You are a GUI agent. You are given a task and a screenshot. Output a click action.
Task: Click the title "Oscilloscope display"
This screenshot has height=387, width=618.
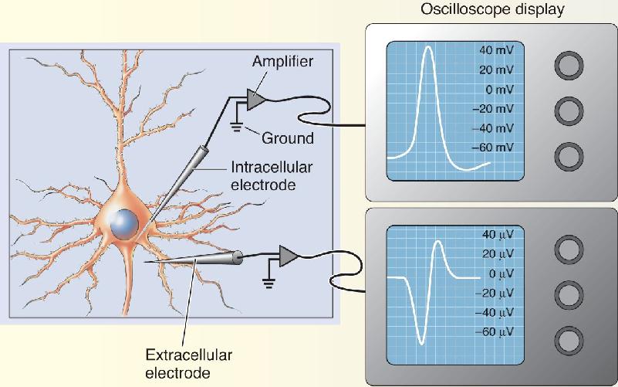coord(492,8)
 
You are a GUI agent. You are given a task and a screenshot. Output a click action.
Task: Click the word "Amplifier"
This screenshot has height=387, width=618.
coord(282,62)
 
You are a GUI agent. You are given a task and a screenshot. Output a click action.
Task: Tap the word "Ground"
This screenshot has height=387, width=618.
coord(288,138)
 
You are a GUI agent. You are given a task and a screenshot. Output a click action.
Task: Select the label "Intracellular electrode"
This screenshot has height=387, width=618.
coord(272,176)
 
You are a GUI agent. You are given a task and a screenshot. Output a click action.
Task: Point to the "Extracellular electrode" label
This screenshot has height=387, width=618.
coord(188,364)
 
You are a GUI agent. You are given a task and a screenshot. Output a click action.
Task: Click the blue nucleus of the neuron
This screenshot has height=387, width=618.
coord(124,224)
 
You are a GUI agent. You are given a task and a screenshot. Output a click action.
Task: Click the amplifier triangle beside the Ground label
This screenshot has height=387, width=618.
coord(255,100)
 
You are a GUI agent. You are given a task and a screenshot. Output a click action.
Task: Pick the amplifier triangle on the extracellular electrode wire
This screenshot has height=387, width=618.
coord(289,256)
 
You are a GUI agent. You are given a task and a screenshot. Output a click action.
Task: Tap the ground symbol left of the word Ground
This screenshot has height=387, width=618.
coord(236,127)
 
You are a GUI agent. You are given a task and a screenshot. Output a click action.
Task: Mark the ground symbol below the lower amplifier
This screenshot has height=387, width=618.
coord(268,283)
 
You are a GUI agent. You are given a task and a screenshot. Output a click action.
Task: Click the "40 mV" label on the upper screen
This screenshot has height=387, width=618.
coord(497,50)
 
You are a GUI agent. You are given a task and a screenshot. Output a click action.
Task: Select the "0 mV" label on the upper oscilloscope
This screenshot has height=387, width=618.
coord(500,90)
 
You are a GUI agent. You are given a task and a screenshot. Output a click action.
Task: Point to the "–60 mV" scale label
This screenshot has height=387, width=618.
coord(493,148)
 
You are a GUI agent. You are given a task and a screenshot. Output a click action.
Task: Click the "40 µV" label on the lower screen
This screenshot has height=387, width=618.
coord(498,235)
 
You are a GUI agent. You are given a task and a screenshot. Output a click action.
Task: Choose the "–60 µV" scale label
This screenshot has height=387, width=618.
coord(495,332)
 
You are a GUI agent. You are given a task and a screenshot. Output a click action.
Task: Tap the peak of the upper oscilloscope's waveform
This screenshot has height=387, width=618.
coord(429,47)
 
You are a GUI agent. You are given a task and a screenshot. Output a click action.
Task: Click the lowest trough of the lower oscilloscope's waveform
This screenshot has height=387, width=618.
coord(421,343)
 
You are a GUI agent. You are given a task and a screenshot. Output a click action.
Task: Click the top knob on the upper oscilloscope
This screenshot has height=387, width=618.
coord(569,66)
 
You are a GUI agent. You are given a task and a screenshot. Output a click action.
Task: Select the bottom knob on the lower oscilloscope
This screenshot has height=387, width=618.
coord(569,341)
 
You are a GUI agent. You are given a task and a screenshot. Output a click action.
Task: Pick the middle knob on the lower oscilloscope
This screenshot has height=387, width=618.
coord(569,294)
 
